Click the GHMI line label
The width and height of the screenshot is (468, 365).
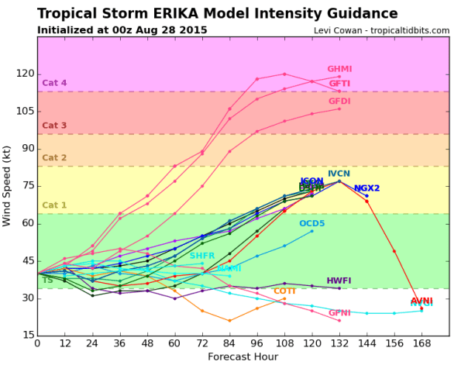tap(339, 69)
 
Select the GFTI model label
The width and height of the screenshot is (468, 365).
tap(339, 84)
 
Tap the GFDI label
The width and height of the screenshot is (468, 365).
tap(339, 102)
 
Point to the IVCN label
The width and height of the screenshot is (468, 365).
tap(339, 174)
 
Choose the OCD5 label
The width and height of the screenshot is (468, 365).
tap(312, 224)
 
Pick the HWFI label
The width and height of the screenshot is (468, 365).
tap(339, 281)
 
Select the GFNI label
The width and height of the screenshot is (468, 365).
tap(339, 313)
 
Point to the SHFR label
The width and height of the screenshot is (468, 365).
tap(202, 256)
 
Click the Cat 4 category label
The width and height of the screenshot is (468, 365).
tap(54, 83)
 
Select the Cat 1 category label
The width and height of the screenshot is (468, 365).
tap(54, 205)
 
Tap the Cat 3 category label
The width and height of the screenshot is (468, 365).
tap(54, 126)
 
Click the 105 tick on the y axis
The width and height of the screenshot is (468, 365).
tap(23, 110)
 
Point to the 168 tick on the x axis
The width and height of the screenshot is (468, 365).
tap(422, 344)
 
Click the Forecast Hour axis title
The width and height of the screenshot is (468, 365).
tap(243, 356)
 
